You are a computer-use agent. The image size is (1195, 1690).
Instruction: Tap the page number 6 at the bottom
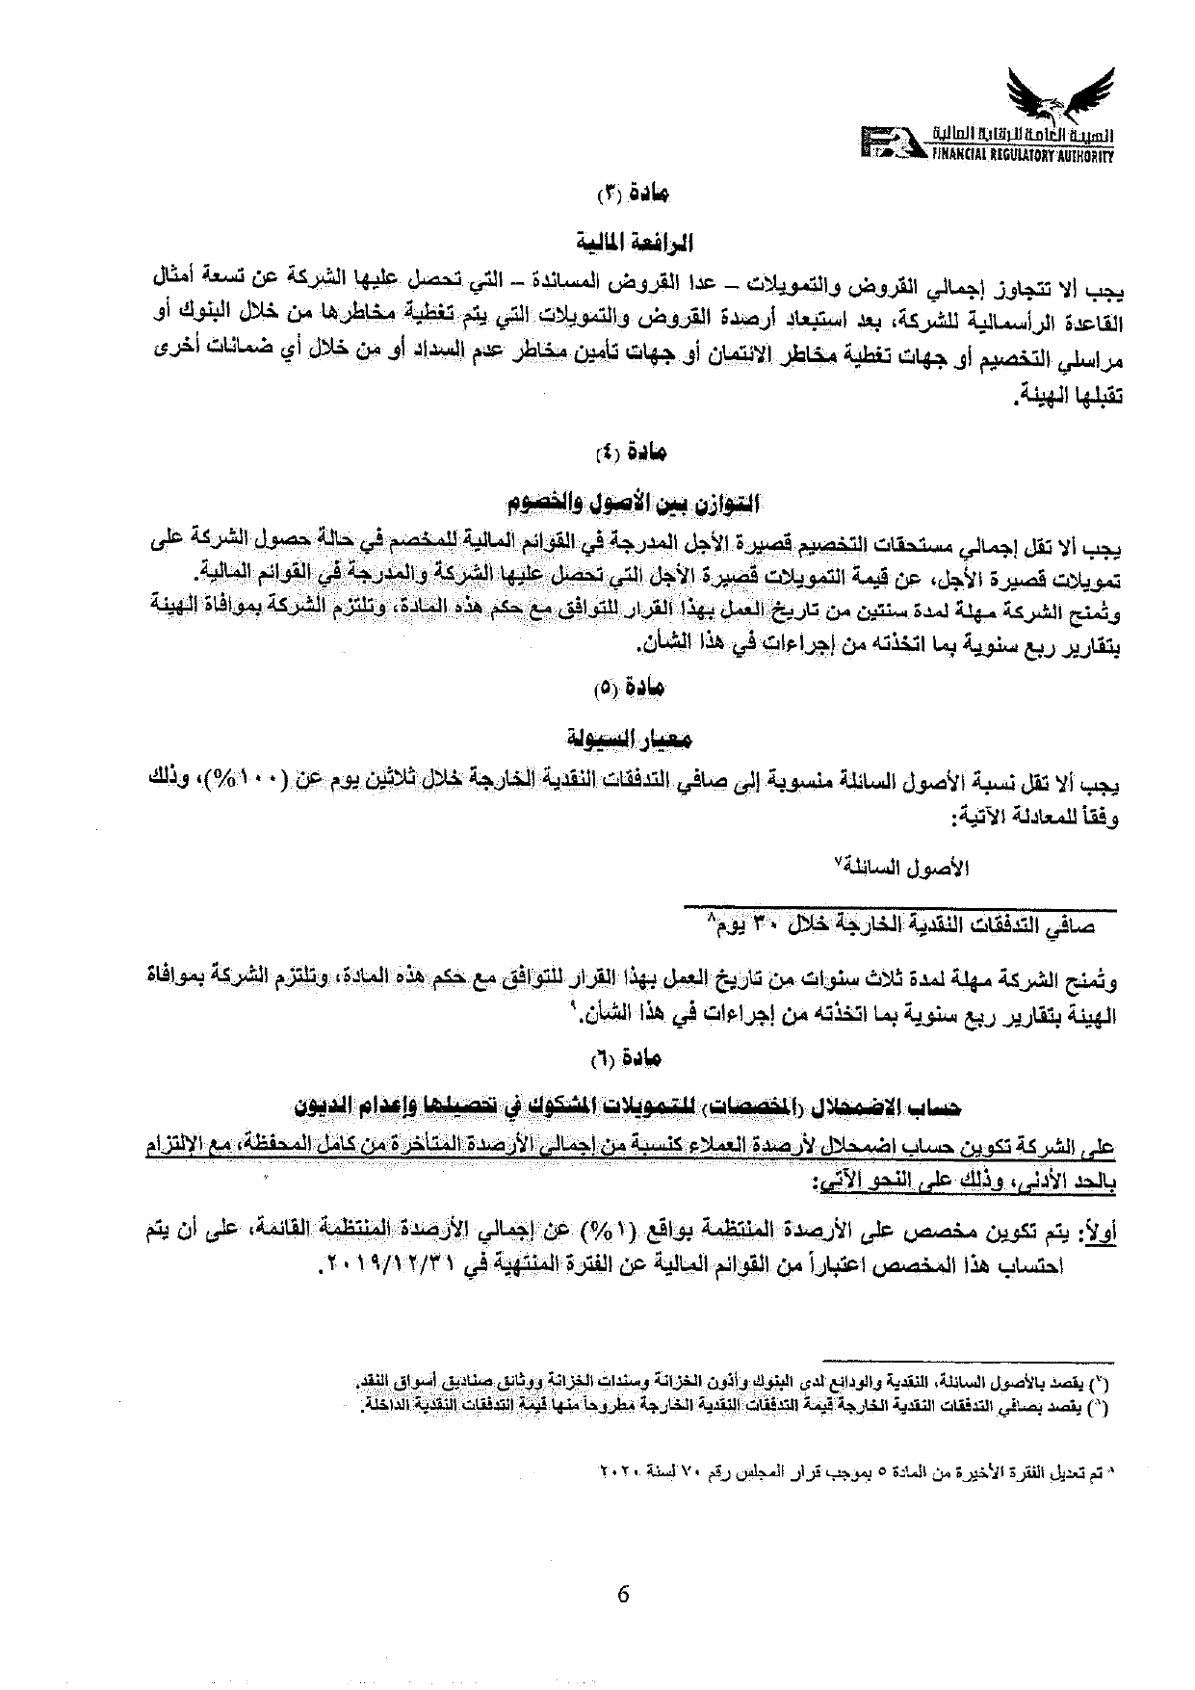click(622, 1593)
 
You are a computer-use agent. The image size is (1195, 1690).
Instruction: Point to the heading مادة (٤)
click(634, 451)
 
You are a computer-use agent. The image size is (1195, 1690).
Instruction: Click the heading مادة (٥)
click(633, 689)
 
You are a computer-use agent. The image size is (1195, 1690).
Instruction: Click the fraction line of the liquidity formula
click(900, 907)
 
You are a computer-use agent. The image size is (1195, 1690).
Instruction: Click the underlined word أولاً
click(1098, 1234)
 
